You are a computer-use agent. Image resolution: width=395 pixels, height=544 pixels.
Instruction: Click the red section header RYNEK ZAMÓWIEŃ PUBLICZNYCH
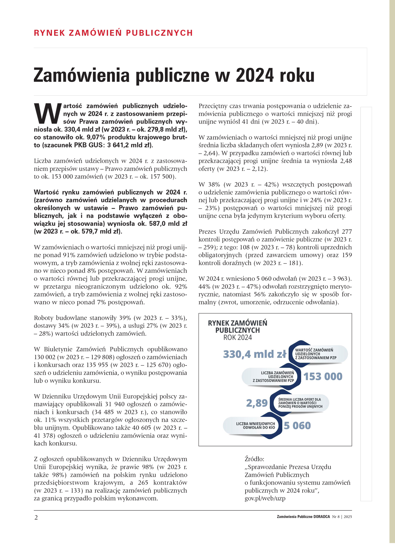113,33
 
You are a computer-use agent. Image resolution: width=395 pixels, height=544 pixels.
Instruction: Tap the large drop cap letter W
48,114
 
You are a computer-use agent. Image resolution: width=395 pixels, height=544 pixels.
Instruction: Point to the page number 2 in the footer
36,517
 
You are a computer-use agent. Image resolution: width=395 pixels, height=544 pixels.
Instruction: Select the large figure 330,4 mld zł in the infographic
254,354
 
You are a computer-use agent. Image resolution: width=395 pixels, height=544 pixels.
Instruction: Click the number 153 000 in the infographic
323,376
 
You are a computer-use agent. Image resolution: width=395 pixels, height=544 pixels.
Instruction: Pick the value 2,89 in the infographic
257,403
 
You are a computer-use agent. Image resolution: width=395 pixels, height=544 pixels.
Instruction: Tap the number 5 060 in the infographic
297,426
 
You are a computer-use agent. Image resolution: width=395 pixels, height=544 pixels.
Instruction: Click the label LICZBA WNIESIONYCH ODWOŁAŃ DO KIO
255,426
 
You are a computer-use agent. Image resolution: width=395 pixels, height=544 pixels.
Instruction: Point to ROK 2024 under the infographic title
238,338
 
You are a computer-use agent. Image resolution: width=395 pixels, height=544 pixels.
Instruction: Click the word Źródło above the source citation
254,459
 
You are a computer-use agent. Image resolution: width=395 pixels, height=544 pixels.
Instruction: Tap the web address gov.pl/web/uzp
265,498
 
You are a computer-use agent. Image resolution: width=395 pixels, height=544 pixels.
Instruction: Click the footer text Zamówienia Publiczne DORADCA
303,517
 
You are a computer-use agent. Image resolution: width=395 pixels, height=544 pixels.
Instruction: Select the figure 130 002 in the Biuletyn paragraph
45,357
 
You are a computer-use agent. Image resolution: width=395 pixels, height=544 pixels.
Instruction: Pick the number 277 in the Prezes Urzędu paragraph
346,231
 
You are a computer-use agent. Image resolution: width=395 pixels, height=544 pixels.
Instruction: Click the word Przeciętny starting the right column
215,106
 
